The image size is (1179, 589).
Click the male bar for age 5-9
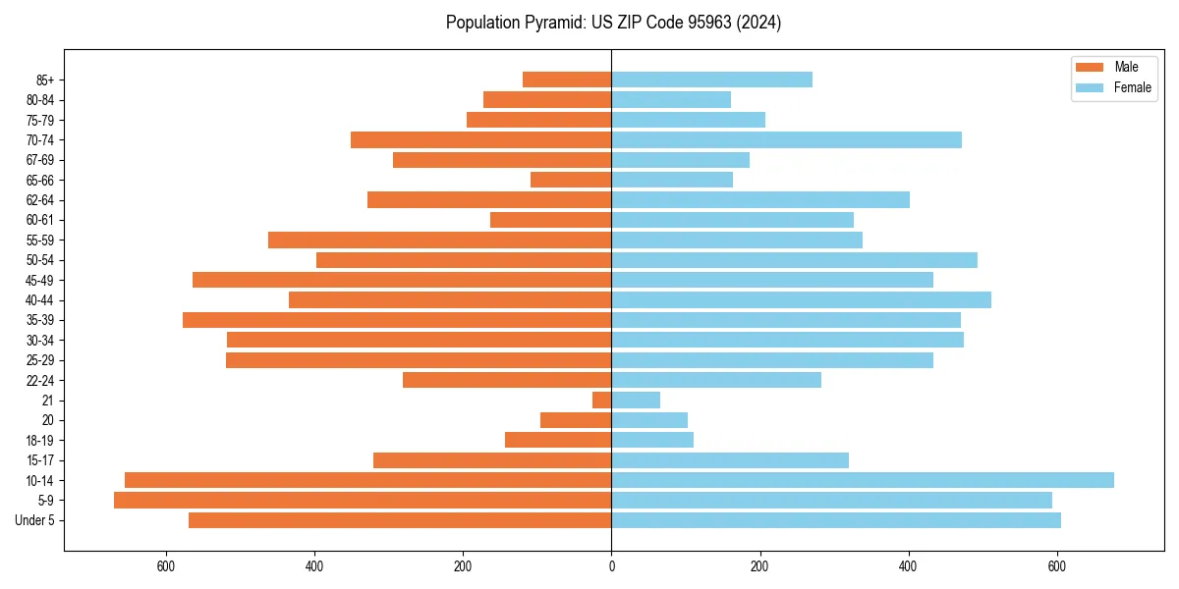tap(363, 501)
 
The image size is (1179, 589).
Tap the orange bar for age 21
tap(602, 401)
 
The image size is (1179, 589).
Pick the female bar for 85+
tap(711, 80)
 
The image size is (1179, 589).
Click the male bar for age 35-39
tap(397, 320)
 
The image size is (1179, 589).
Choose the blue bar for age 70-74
tap(786, 140)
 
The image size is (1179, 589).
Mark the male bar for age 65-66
tap(571, 181)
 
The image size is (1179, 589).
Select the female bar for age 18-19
tap(652, 440)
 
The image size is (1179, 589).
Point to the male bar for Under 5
tap(400, 520)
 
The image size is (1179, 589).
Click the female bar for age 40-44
tap(801, 300)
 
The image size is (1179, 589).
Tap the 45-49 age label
tap(40, 281)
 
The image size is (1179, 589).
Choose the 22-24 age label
tap(40, 381)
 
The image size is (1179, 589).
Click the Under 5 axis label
tap(35, 520)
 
